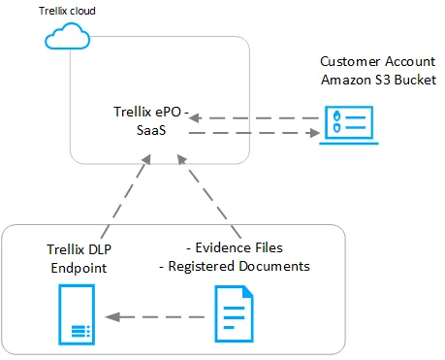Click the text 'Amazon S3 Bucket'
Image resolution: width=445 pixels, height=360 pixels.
(x=377, y=78)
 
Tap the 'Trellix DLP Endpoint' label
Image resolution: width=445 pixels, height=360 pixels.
(x=74, y=257)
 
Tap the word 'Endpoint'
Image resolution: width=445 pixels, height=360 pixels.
(x=74, y=266)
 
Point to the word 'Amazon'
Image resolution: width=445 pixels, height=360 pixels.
(x=345, y=78)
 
